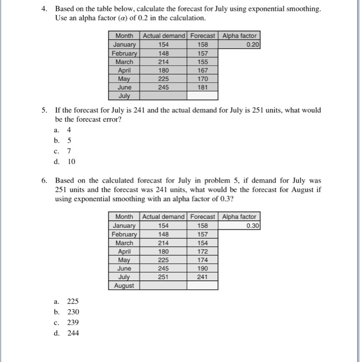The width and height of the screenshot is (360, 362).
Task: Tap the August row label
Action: coord(124,285)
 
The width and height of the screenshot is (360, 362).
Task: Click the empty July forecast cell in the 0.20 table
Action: coord(203,96)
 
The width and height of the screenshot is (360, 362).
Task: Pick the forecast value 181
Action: coord(203,87)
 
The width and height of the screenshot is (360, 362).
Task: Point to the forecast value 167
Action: coord(203,70)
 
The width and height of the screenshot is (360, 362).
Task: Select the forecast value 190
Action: coord(203,268)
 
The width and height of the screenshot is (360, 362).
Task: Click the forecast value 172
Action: coord(203,251)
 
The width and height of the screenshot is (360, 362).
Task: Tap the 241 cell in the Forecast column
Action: coord(203,277)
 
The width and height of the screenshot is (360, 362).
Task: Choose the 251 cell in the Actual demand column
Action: coord(163,277)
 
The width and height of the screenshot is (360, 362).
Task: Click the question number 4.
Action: coord(45,9)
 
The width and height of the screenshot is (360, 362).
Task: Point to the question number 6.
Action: coord(45,181)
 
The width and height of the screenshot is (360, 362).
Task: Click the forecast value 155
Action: coord(203,62)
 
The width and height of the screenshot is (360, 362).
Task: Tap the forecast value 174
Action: coord(203,260)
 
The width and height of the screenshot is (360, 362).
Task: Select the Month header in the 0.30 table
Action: coord(124,217)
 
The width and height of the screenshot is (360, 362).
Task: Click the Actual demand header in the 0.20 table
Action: coord(163,36)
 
